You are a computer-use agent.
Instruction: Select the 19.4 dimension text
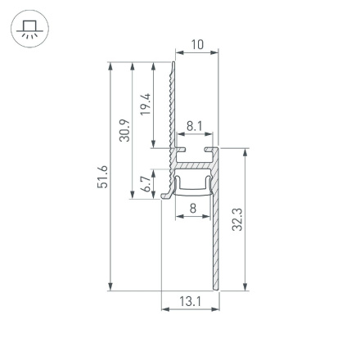145,104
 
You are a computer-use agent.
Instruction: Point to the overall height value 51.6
101,176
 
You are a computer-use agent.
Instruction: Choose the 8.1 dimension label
194,126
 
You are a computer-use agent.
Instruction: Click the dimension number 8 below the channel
192,209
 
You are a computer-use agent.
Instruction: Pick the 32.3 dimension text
237,219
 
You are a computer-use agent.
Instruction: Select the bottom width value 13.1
190,302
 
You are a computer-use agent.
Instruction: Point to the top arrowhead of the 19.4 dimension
154,64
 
